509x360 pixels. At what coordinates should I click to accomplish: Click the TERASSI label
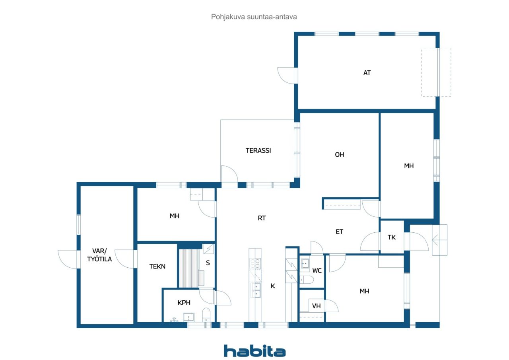tap(258, 150)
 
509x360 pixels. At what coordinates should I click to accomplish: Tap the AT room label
tap(367, 73)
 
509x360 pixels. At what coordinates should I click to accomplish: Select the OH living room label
tap(340, 155)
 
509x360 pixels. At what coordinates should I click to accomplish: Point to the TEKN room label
tap(157, 267)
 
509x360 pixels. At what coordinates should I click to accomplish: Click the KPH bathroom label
tap(184, 302)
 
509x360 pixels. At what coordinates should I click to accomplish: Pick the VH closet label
tap(316, 306)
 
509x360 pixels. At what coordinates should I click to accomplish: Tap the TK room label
tap(392, 237)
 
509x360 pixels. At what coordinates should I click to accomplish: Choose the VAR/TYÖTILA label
tap(99, 255)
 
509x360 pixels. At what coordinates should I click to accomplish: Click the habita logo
tap(254, 351)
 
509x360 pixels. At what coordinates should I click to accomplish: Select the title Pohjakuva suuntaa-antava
tap(254, 17)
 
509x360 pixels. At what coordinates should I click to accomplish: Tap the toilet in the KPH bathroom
tap(206, 315)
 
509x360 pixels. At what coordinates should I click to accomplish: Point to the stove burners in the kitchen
tap(255, 264)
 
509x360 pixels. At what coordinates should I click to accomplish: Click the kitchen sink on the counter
tap(255, 290)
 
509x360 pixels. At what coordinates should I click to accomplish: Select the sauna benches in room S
tap(192, 269)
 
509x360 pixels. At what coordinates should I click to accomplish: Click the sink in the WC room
tap(305, 263)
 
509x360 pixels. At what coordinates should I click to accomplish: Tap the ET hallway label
tap(339, 232)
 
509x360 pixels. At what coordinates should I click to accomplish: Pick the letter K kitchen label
tap(273, 286)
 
